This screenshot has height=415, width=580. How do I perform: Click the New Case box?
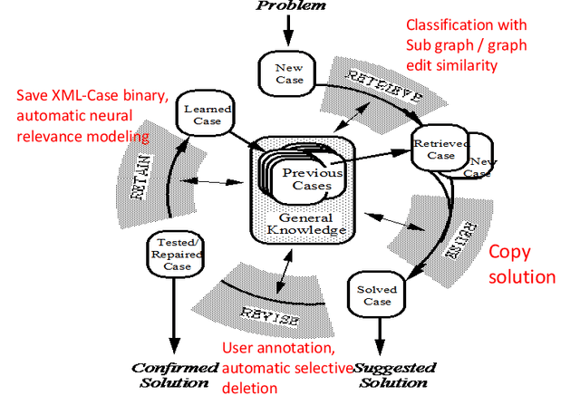pos(287,73)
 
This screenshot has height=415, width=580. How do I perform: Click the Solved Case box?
pos(376,295)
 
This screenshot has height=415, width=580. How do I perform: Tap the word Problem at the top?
pos(289,6)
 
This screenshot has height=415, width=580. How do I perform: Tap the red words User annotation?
pos(279,349)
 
